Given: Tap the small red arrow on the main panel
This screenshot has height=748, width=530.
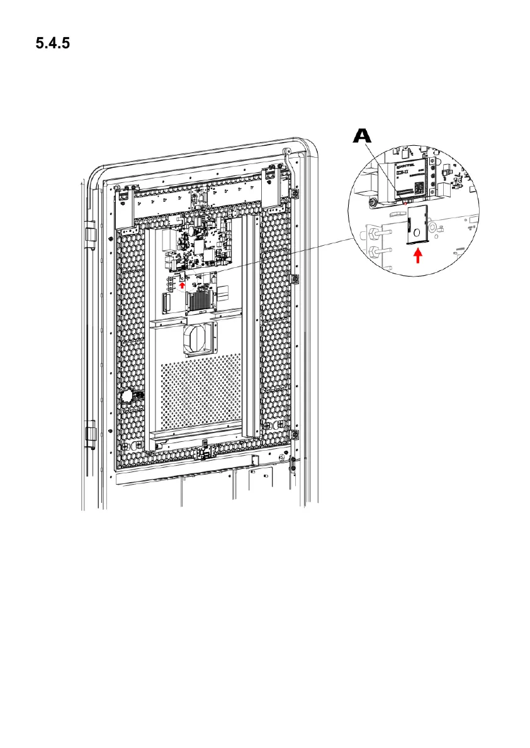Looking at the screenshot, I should coord(183,284).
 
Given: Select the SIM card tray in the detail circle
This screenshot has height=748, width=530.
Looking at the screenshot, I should coord(418,225).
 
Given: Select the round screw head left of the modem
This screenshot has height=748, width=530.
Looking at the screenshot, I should coord(373,202).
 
